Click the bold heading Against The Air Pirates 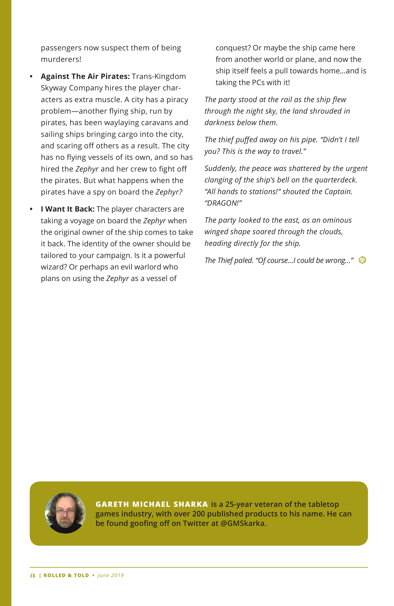click(x=85, y=76)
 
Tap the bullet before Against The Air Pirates click(x=31, y=76)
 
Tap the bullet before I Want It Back click(x=31, y=209)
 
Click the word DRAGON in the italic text click(x=222, y=203)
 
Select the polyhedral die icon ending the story click(x=362, y=260)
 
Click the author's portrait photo click(x=65, y=513)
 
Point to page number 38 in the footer click(x=32, y=575)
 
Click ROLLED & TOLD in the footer click(x=66, y=575)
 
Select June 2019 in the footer click(x=110, y=575)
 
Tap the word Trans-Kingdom click(x=159, y=76)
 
